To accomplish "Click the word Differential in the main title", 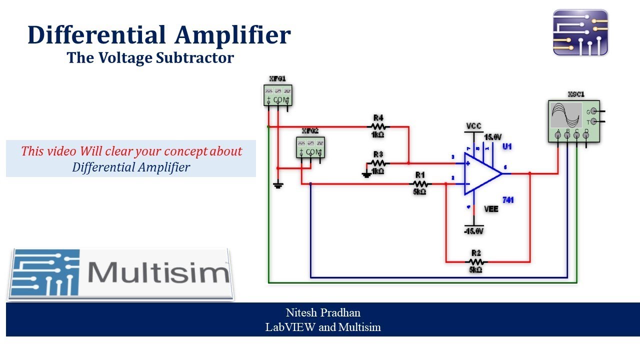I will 96,35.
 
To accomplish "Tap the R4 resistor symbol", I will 378,126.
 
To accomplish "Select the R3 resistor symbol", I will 378,163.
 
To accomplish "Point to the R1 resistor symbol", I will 419,183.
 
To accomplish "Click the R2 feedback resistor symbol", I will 475,261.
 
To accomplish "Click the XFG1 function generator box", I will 277,95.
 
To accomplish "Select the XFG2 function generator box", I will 310,147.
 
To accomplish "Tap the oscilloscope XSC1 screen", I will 566,115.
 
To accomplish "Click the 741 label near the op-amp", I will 508,200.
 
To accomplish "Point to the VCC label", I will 473,126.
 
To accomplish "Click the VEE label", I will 491,209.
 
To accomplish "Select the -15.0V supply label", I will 473,231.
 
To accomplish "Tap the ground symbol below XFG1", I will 278,185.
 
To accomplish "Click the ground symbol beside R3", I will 366,174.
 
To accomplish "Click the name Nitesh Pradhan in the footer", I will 323,313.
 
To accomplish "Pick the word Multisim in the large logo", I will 158,272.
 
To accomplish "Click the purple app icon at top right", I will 580,32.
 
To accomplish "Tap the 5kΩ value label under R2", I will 475,270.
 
